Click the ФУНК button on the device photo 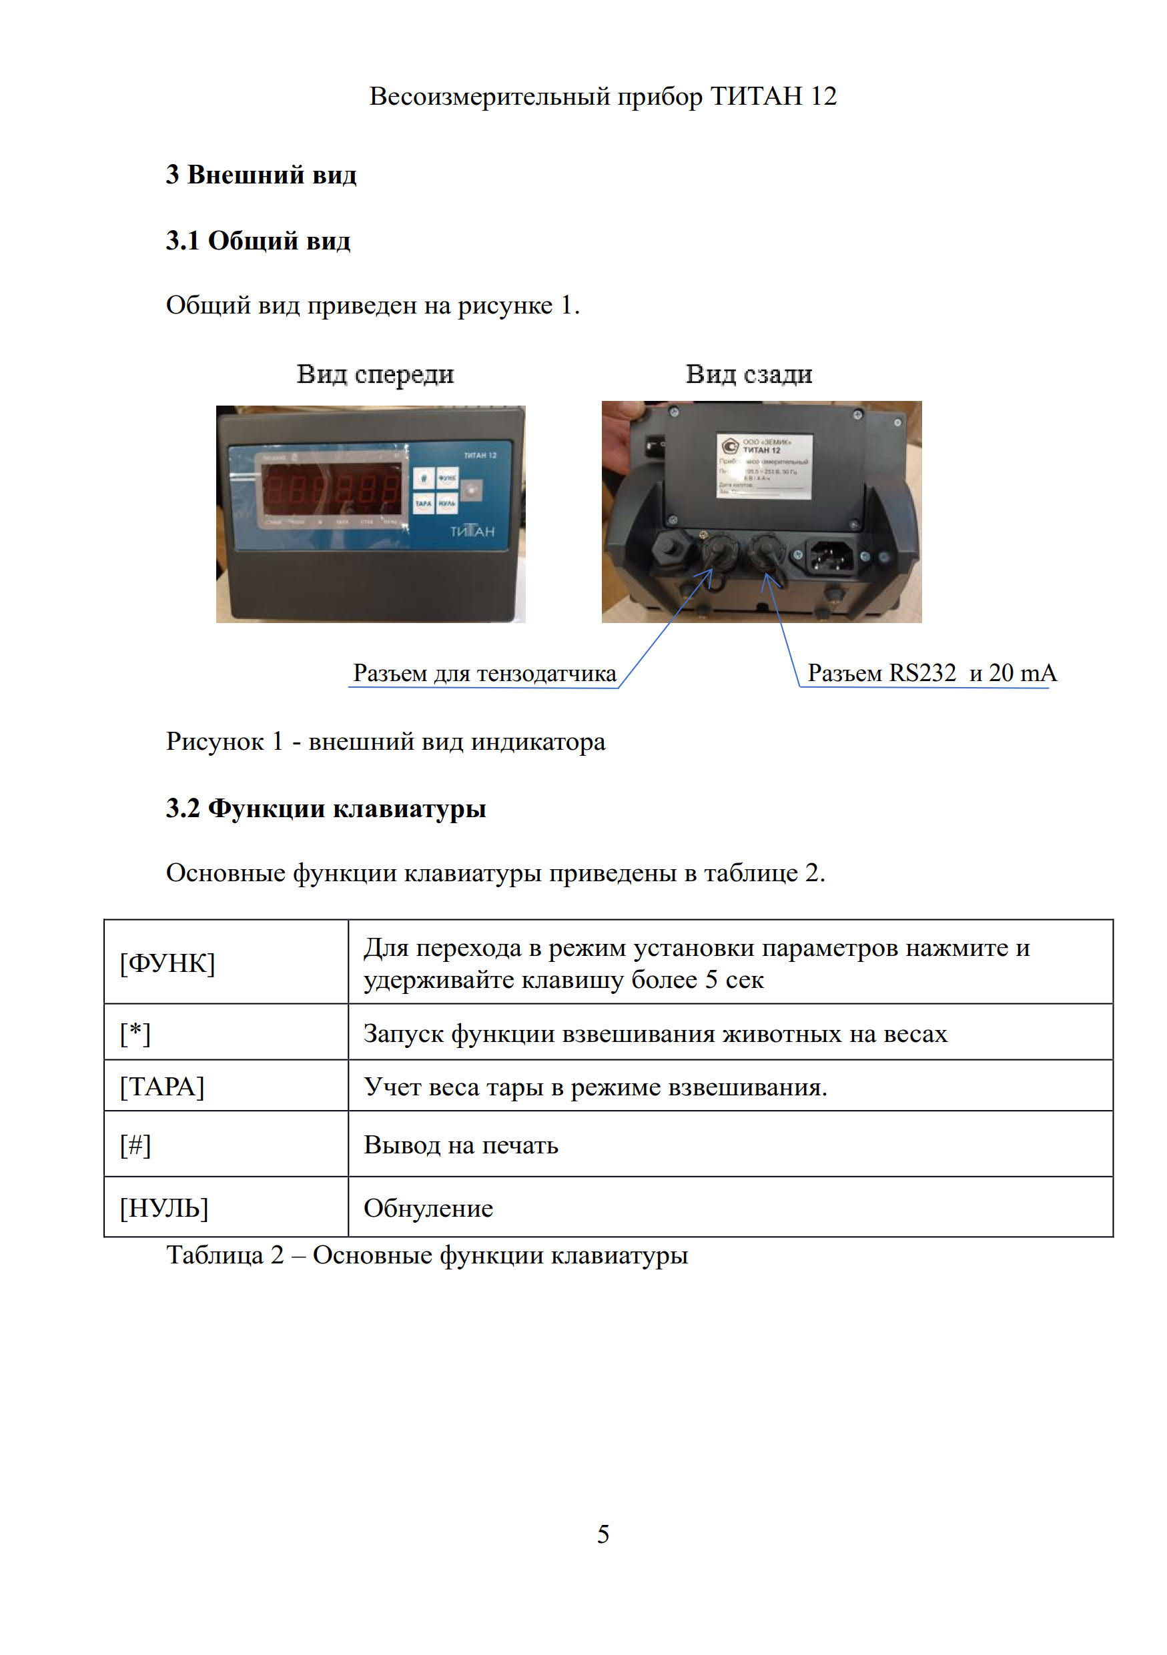coord(447,478)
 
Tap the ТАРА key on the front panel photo coord(423,503)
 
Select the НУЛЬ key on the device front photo coord(447,503)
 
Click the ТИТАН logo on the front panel coord(472,532)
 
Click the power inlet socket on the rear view coord(831,556)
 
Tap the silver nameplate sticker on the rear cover coord(764,465)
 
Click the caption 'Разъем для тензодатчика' coord(484,673)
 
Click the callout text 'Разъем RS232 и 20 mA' coord(931,672)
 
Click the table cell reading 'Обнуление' coord(428,1208)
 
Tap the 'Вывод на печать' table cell coord(460,1145)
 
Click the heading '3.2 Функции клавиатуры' coord(326,808)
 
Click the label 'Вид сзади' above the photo coord(748,374)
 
